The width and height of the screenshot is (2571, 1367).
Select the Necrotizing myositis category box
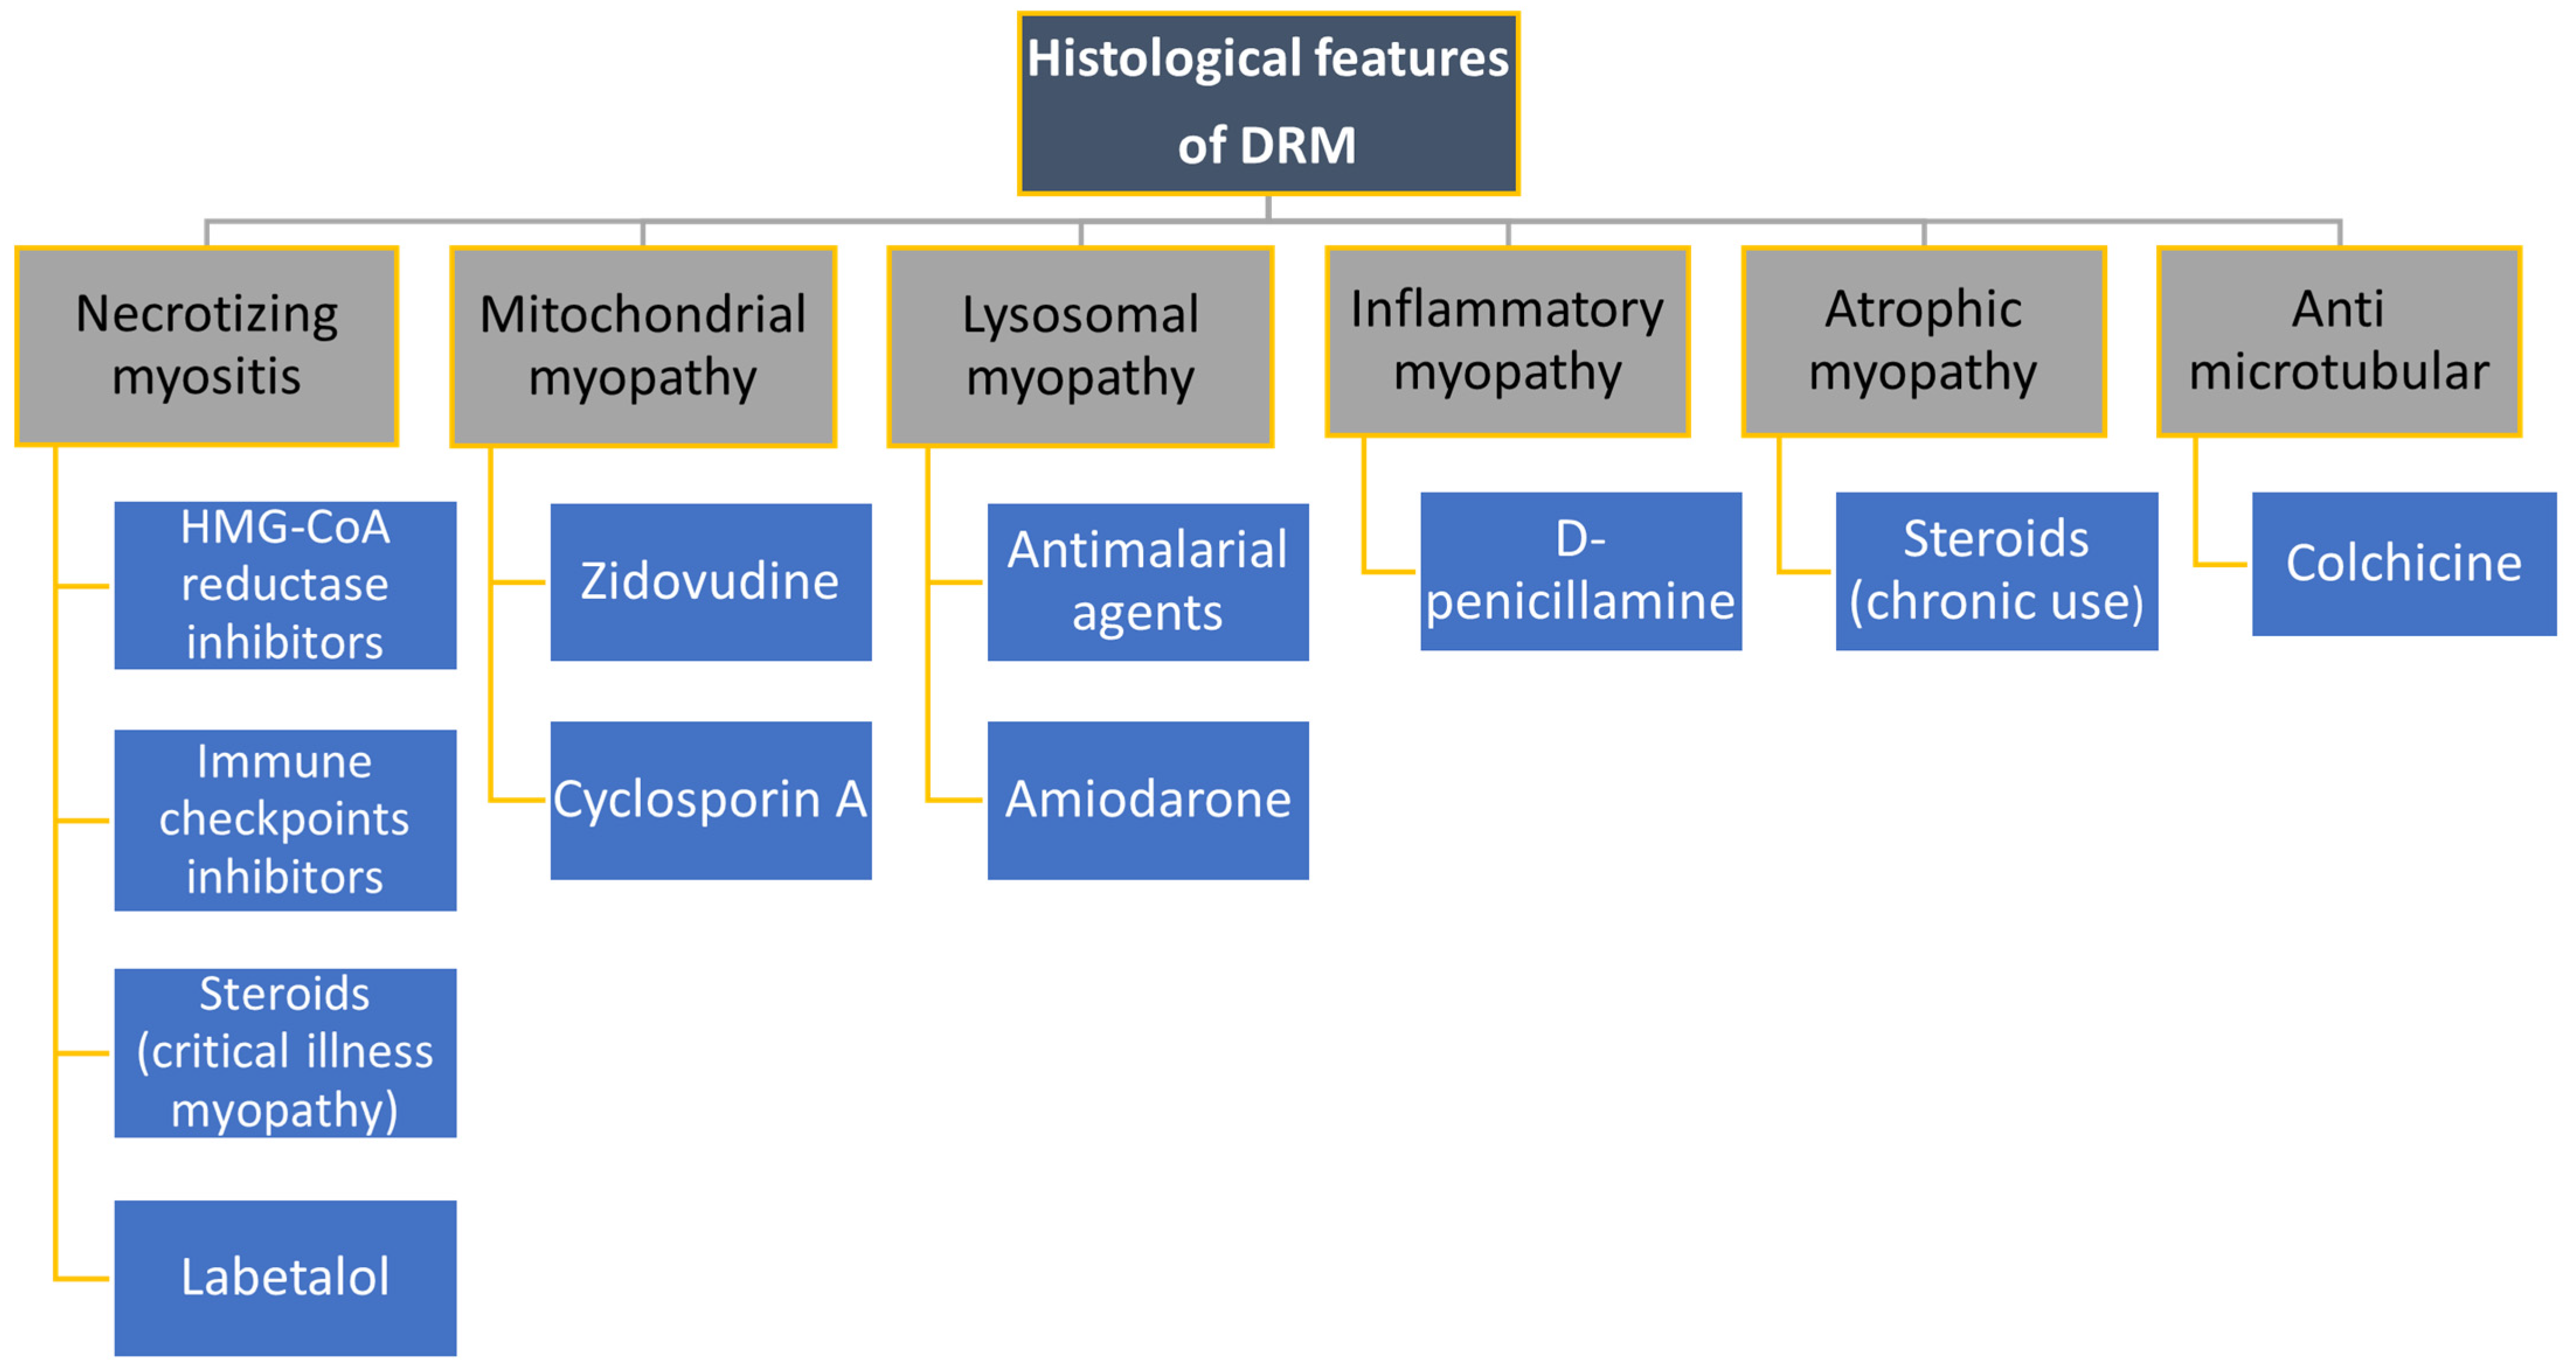pyautogui.click(x=207, y=345)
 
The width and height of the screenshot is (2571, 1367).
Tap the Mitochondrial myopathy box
pyautogui.click(x=643, y=345)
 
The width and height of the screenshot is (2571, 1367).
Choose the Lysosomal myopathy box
pyautogui.click(x=1080, y=345)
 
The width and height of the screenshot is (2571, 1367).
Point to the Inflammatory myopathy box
pyautogui.click(x=1507, y=340)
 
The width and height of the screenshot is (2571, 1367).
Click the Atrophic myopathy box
pyautogui.click(x=1923, y=340)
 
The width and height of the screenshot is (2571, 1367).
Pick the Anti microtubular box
pyautogui.click(x=2338, y=340)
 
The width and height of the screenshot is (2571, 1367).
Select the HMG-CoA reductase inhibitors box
pyautogui.click(x=286, y=585)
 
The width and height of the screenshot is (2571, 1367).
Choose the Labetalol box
pyautogui.click(x=286, y=1277)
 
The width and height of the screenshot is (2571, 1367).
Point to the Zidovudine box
pyautogui.click(x=710, y=582)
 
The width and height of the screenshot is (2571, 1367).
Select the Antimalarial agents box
pyautogui.click(x=1148, y=582)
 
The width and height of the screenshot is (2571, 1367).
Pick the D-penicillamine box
pyautogui.click(x=1581, y=571)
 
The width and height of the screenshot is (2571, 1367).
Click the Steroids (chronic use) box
pyautogui.click(x=1996, y=571)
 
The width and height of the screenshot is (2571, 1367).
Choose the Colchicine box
pyautogui.click(x=2403, y=564)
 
